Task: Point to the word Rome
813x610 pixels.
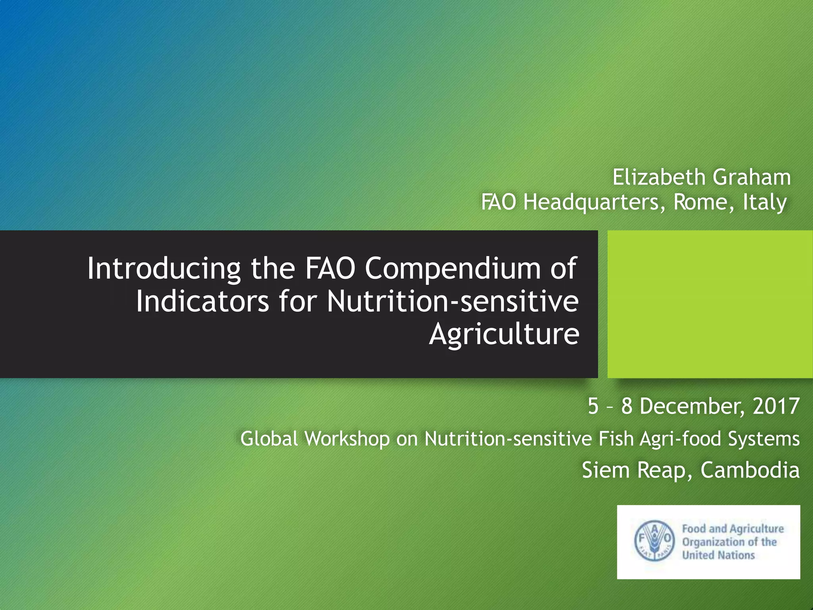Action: coord(701,202)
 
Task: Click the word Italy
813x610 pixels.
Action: coord(765,202)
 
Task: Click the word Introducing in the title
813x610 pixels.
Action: coord(164,269)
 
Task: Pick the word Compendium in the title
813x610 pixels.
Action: coord(453,269)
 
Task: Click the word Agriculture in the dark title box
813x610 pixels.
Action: coord(504,334)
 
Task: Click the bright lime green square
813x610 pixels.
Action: coord(710,304)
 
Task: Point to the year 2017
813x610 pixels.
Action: coord(776,406)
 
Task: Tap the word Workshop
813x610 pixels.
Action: coord(347,439)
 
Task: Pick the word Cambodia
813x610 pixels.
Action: coord(750,470)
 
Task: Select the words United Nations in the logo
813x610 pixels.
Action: coord(718,555)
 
